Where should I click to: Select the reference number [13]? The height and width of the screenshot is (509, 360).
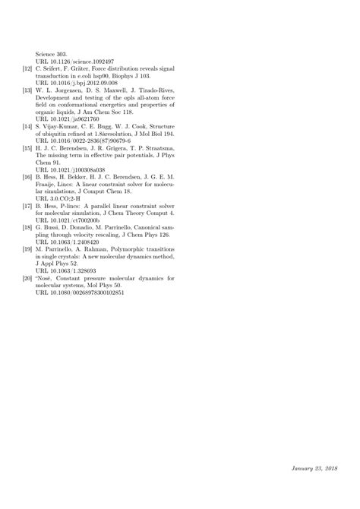tap(26, 90)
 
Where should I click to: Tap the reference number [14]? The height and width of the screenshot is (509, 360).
tap(26, 125)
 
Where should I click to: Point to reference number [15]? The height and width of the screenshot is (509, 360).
tap(26, 147)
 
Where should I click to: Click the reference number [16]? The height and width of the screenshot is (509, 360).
tap(26, 175)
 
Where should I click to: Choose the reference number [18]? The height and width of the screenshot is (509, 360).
tap(26, 226)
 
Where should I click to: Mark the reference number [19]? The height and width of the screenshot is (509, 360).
tap(26, 248)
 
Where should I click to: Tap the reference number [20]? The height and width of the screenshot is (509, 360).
tap(26, 277)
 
